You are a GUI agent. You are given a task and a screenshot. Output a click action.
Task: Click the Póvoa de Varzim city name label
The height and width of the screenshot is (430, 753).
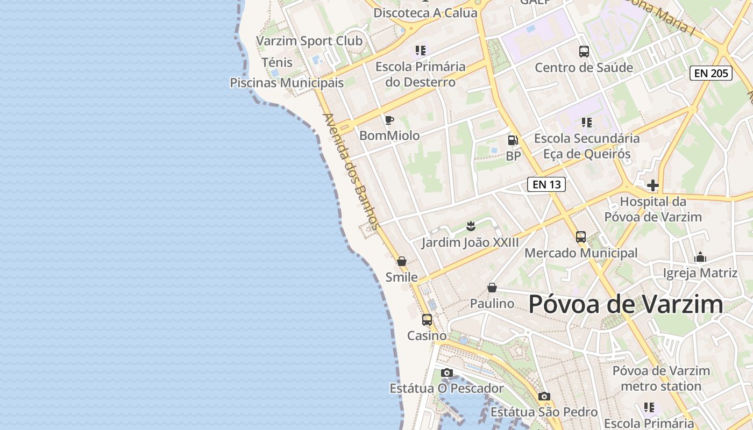click(626, 304)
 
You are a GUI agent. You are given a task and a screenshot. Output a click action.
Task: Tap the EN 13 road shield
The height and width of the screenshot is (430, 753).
click(546, 184)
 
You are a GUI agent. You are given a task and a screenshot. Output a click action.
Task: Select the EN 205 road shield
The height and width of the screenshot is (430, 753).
click(711, 73)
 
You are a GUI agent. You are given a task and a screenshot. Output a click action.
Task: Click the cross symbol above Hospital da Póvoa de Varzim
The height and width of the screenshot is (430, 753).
click(653, 185)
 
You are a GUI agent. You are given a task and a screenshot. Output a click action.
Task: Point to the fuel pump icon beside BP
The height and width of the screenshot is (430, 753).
click(513, 140)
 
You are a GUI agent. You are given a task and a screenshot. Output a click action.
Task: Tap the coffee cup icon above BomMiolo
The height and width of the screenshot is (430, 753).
click(389, 120)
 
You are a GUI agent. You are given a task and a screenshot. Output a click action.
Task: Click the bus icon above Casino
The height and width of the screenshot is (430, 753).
click(427, 320)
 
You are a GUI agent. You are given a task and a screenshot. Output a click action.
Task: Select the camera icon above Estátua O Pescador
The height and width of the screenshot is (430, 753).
click(446, 372)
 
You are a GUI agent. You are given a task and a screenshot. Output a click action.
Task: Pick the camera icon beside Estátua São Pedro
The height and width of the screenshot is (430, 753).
click(544, 397)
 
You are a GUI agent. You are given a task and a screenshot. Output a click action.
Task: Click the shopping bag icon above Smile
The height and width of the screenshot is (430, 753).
click(402, 261)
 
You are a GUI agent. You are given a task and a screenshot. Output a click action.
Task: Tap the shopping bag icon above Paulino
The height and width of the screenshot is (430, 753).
click(492, 288)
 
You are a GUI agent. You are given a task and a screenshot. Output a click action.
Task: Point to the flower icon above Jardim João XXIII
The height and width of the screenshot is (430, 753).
click(471, 225)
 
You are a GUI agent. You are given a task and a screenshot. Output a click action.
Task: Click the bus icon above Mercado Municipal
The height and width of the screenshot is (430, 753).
click(581, 236)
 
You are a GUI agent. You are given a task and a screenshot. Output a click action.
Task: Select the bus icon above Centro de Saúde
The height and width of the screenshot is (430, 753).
click(584, 52)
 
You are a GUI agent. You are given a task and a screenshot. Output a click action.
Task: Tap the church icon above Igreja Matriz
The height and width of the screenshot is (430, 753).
click(700, 257)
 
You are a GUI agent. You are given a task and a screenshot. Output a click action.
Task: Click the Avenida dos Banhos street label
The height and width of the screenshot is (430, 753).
click(351, 171)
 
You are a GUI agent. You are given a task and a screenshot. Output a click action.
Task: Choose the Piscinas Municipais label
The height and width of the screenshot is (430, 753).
click(287, 83)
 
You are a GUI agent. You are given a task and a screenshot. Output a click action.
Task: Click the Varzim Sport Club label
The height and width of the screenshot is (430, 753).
click(309, 41)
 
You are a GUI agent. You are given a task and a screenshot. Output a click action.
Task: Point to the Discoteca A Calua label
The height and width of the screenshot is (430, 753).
click(425, 13)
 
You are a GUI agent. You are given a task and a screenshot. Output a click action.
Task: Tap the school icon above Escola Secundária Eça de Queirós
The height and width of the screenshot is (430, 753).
click(587, 123)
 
